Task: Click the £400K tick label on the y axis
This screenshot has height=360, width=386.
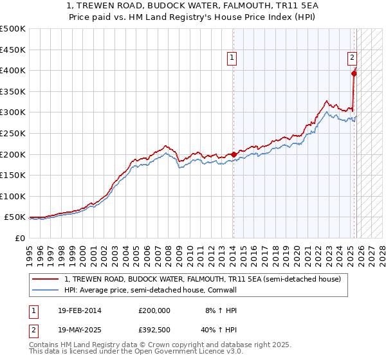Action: (13, 71)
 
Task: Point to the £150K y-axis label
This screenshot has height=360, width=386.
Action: (13, 175)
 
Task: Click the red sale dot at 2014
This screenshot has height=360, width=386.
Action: (233, 154)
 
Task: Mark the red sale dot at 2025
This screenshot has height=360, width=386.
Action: (354, 73)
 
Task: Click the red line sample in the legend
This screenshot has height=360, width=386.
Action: (46, 280)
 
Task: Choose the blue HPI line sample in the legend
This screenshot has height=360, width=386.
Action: (46, 290)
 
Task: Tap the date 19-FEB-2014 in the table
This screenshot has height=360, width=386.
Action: (79, 310)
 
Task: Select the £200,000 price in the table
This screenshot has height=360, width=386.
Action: (154, 310)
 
